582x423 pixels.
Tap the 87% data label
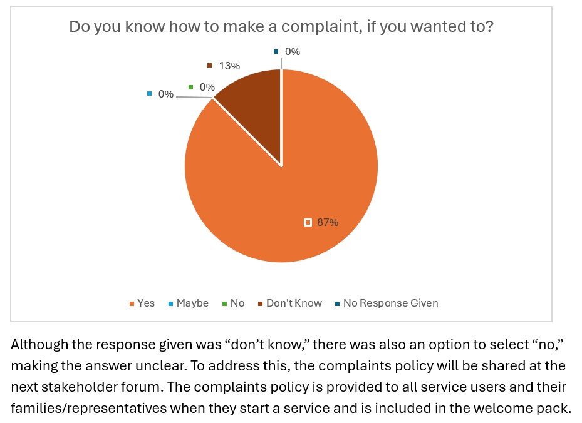(x=328, y=222)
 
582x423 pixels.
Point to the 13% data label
(x=230, y=66)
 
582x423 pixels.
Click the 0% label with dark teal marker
(x=292, y=52)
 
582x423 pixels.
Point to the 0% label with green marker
(x=207, y=88)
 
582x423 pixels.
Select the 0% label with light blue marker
(x=165, y=94)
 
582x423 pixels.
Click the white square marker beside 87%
(x=308, y=222)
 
